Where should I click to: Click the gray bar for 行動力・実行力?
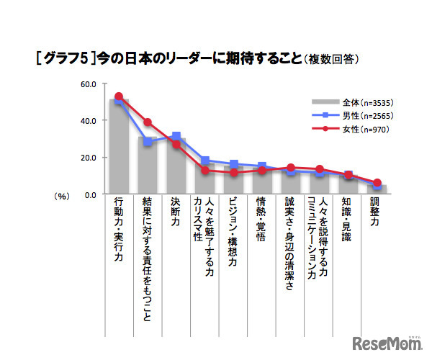point(119,148)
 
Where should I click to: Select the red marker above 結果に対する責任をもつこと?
point(148,122)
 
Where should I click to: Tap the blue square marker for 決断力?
point(176,136)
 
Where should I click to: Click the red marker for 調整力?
point(377,183)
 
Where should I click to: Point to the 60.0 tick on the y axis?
point(89,84)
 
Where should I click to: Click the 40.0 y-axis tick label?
point(89,121)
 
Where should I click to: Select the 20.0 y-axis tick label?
point(89,158)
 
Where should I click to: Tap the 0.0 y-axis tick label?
point(91,194)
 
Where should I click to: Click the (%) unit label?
point(61,195)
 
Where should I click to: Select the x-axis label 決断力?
point(176,214)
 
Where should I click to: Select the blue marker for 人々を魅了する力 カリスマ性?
point(204,161)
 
